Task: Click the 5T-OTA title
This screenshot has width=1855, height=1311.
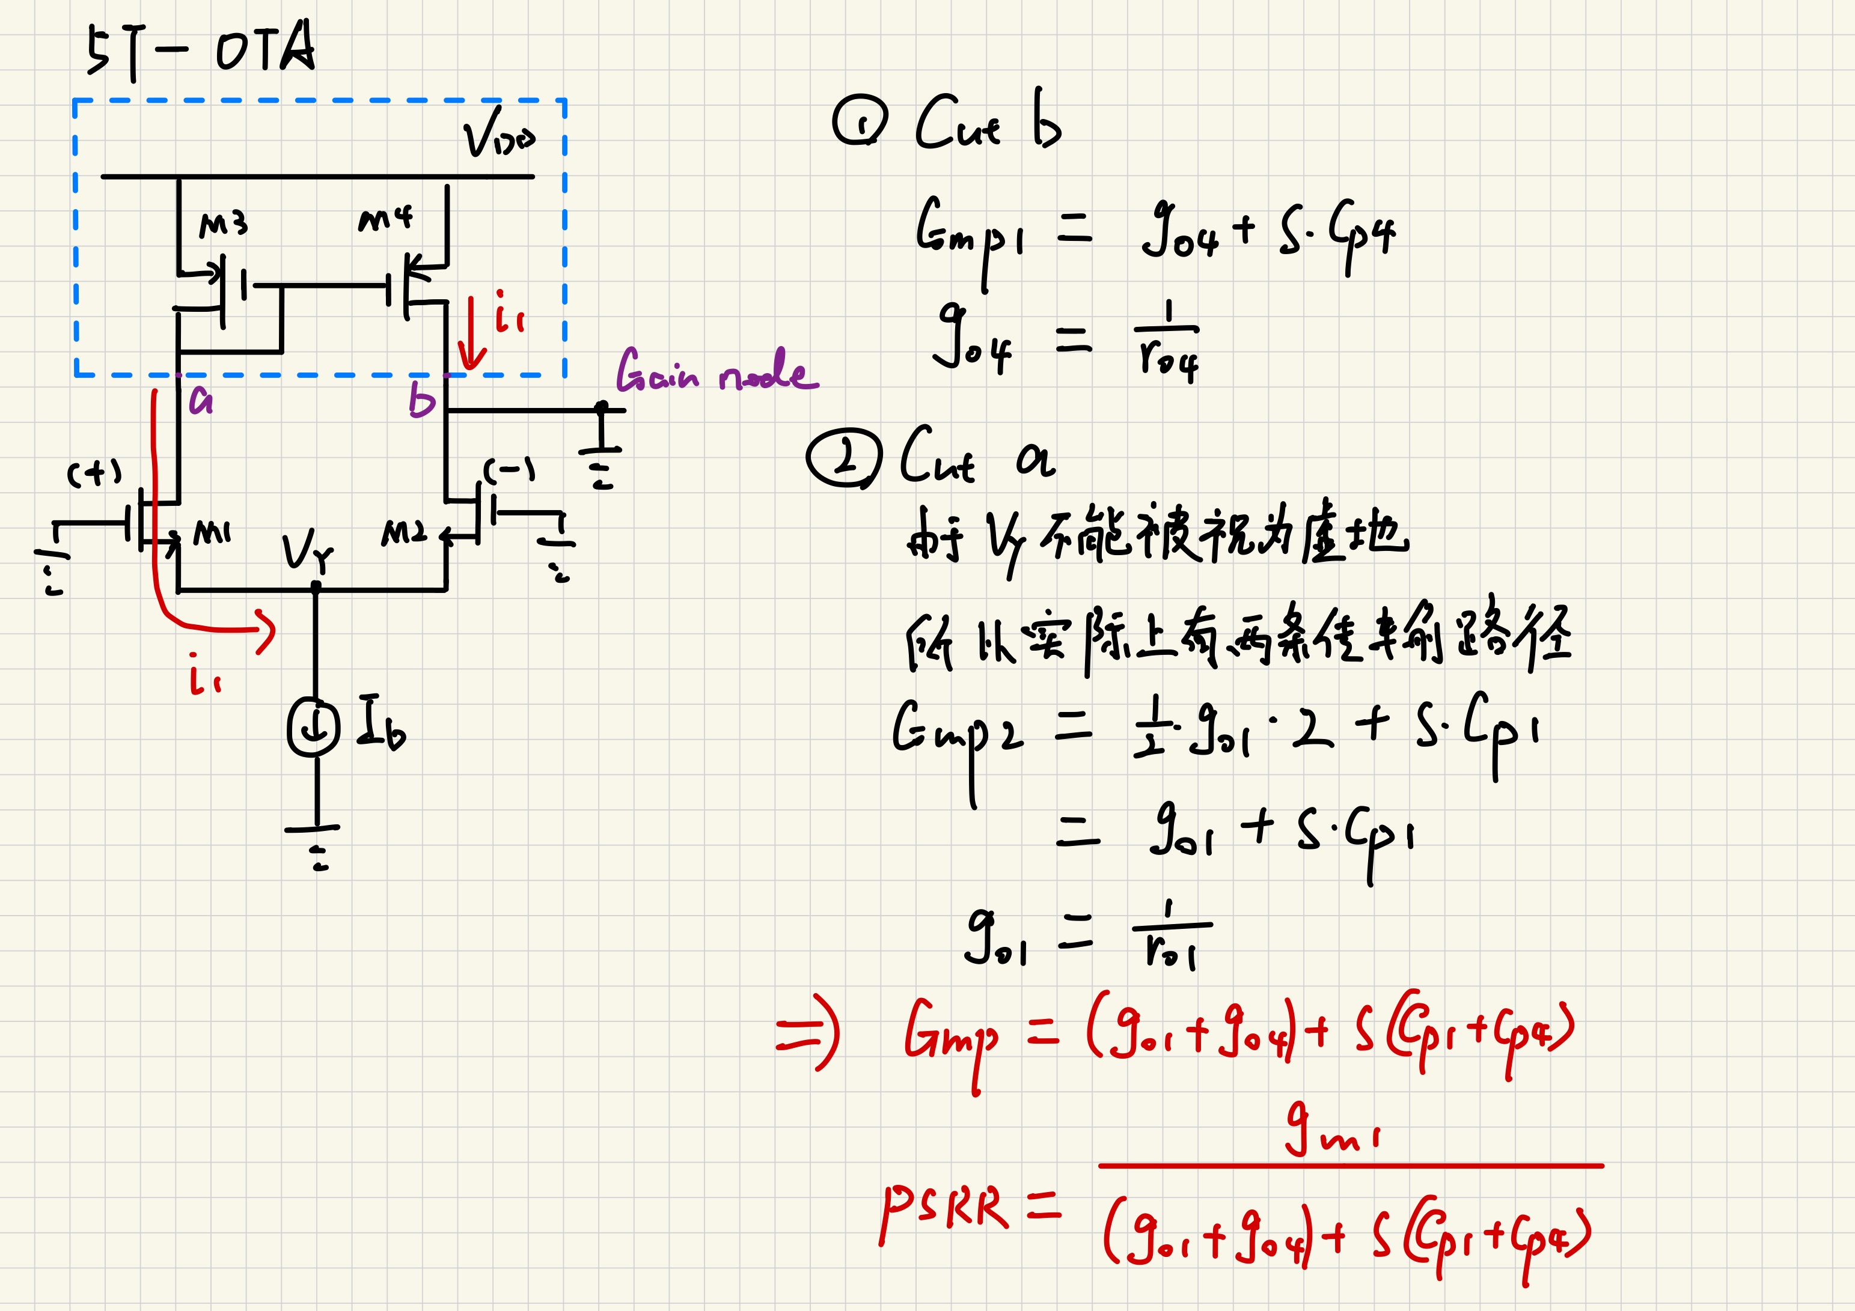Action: pyautogui.click(x=200, y=50)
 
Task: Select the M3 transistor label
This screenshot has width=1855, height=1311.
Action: pyautogui.click(x=223, y=225)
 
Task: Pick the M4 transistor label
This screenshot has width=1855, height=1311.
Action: pyautogui.click(x=385, y=218)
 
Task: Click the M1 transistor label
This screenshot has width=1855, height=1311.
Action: pyautogui.click(x=212, y=533)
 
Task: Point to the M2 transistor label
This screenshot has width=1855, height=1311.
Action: pyautogui.click(x=403, y=533)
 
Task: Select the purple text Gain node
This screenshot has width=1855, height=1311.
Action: pyautogui.click(x=716, y=371)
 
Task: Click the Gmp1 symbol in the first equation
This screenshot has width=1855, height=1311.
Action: pyautogui.click(x=970, y=234)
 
